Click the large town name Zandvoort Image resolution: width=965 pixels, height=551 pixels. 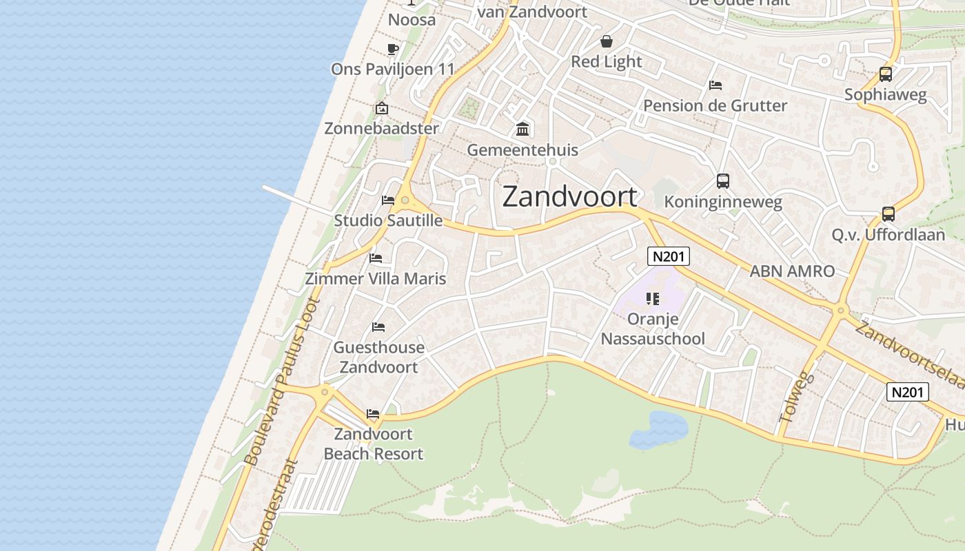[x=570, y=196]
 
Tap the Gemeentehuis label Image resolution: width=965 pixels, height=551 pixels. [x=522, y=149]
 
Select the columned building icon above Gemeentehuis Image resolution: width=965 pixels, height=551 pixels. [x=522, y=129]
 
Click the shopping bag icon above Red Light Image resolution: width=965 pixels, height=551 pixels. [x=607, y=41]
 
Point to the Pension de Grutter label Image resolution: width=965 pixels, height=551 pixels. [x=715, y=105]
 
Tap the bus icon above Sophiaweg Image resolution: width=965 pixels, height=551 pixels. [x=886, y=74]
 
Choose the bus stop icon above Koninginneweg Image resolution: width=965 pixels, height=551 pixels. [x=722, y=181]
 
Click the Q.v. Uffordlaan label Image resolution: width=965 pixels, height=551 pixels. [x=888, y=234]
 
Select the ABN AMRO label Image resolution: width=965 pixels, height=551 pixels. [x=792, y=271]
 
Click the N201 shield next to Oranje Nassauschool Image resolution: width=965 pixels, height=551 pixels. [x=669, y=256]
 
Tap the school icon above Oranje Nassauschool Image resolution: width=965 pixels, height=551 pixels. [x=653, y=299]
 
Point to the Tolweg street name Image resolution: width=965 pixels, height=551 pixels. [x=798, y=397]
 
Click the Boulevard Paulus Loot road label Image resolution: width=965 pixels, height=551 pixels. [x=283, y=382]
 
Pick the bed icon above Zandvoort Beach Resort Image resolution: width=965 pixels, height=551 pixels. [x=373, y=414]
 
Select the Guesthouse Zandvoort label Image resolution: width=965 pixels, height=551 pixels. [x=378, y=357]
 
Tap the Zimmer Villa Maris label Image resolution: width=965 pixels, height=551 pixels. [x=376, y=278]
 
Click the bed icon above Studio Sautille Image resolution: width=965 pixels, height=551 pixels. [x=388, y=200]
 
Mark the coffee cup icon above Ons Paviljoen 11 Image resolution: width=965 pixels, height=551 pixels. [x=392, y=49]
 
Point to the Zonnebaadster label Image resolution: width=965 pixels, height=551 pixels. [x=381, y=128]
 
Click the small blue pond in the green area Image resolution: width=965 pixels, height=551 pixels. [x=658, y=428]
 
